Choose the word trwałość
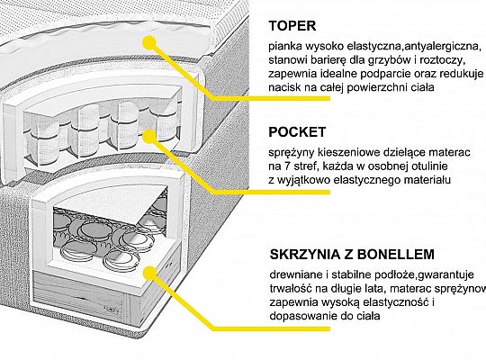(292, 287)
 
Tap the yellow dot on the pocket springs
(161, 135)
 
